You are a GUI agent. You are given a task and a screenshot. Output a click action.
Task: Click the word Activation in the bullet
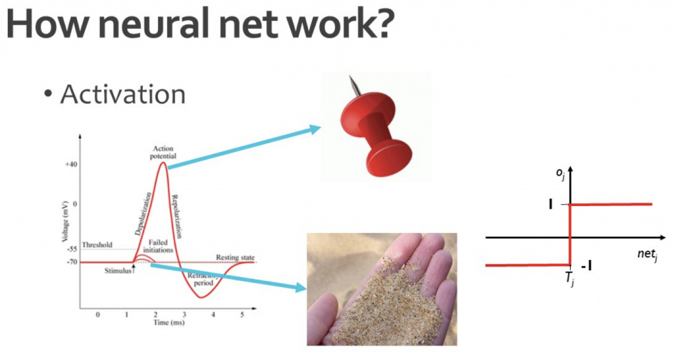(x=123, y=94)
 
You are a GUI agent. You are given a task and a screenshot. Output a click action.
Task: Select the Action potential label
(x=163, y=153)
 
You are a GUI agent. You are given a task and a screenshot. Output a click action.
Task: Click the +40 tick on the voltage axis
(x=71, y=165)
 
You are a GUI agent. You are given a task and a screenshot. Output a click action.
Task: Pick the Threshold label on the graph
(x=97, y=245)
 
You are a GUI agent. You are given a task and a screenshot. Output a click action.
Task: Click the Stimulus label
(x=118, y=270)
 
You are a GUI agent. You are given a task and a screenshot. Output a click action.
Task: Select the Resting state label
(x=235, y=257)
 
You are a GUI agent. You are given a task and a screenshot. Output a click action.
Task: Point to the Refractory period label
(x=203, y=279)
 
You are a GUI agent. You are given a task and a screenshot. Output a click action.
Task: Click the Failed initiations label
(x=158, y=246)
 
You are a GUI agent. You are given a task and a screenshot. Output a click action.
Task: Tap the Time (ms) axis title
(x=169, y=322)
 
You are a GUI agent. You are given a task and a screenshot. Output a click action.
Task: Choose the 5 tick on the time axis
(x=242, y=315)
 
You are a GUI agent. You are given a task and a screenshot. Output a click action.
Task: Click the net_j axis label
(x=648, y=254)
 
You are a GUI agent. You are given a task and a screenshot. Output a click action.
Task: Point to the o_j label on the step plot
(x=560, y=174)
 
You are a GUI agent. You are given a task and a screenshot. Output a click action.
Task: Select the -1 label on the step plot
(x=586, y=267)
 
